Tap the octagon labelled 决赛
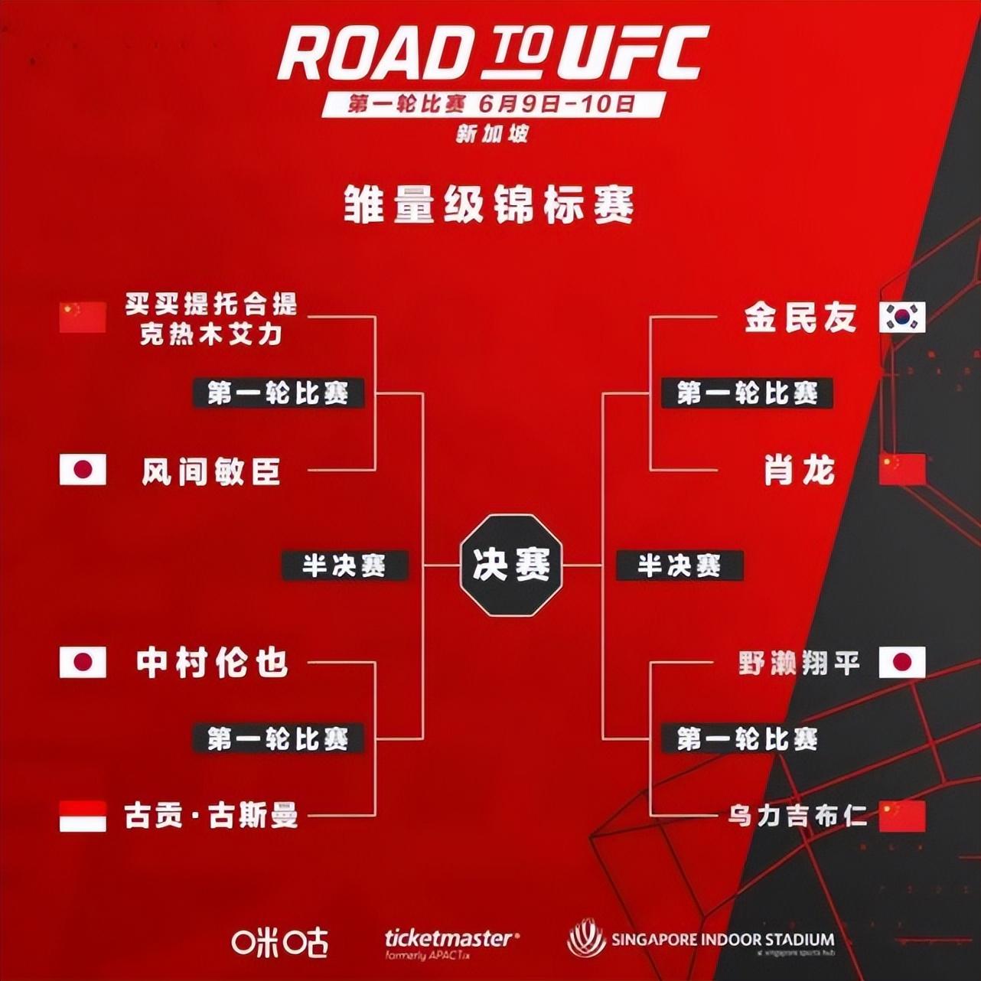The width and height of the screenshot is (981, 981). pyautogui.click(x=511, y=565)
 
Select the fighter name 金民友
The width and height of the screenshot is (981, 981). pyautogui.click(x=800, y=318)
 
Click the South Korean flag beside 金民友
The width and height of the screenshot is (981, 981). pyautogui.click(x=902, y=318)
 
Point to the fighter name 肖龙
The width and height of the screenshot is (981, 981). pyautogui.click(x=800, y=470)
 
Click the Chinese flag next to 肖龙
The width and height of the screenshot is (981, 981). pyautogui.click(x=902, y=470)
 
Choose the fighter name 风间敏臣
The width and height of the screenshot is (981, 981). pyautogui.click(x=211, y=471)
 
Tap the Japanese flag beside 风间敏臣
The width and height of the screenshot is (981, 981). pyautogui.click(x=83, y=470)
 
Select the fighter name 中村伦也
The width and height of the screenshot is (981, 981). pyautogui.click(x=212, y=663)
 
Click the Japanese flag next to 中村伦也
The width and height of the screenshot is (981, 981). pyautogui.click(x=83, y=663)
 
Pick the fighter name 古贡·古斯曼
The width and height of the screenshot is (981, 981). pyautogui.click(x=211, y=816)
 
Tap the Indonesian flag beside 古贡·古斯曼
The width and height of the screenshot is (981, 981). pyautogui.click(x=83, y=816)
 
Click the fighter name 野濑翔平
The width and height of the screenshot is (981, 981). pyautogui.click(x=799, y=663)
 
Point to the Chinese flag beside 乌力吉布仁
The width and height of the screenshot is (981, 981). pyautogui.click(x=902, y=816)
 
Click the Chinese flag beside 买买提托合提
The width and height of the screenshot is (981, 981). pyautogui.click(x=83, y=318)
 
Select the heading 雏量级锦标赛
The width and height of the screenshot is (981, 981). pyautogui.click(x=490, y=205)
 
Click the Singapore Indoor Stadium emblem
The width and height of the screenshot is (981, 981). pyautogui.click(x=587, y=940)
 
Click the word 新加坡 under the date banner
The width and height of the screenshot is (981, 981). pyautogui.click(x=492, y=134)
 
